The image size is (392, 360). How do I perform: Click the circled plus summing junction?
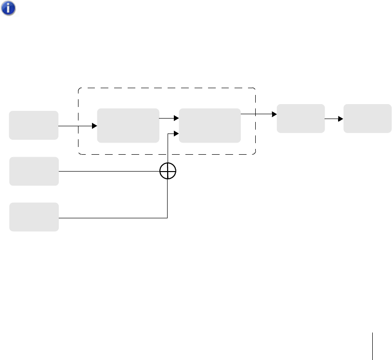[168, 171]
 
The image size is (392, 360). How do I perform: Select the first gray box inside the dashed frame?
[128, 125]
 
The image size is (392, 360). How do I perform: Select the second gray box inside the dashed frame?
[209, 125]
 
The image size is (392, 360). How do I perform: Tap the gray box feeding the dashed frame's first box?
[34, 125]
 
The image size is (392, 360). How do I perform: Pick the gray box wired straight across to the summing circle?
[34, 171]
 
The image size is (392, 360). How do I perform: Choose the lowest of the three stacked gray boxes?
[34, 217]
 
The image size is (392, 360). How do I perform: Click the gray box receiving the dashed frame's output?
[301, 118]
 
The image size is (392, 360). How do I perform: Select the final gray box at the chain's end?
[367, 118]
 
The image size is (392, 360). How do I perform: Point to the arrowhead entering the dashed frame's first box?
[94, 126]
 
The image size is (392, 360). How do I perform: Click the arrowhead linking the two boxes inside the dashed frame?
[176, 118]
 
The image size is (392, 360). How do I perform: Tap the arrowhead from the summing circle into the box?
[176, 134]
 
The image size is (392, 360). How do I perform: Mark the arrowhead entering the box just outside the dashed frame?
[274, 114]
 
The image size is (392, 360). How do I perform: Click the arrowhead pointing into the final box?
[341, 118]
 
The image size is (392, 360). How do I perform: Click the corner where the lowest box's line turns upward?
[167, 218]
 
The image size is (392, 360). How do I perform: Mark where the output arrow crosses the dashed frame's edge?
[255, 114]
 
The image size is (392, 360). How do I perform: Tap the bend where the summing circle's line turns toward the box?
[168, 134]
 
